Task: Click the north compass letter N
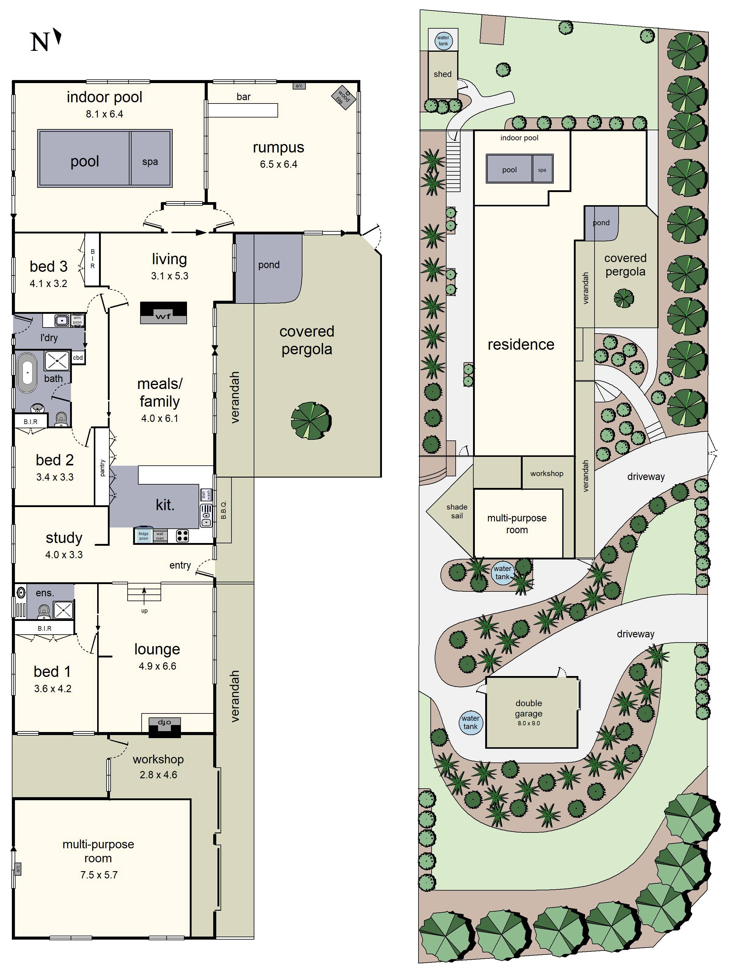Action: tap(40, 42)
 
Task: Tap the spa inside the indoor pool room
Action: tap(150, 159)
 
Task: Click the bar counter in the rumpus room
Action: tap(243, 110)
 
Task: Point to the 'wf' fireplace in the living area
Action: tap(164, 313)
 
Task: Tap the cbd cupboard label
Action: tap(78, 358)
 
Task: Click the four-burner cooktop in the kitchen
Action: tap(182, 535)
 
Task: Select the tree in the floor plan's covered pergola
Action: tap(311, 421)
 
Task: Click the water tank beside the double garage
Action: tap(470, 723)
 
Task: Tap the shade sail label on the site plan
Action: tap(457, 511)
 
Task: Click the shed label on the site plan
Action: tap(442, 74)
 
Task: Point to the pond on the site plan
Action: tap(601, 223)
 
